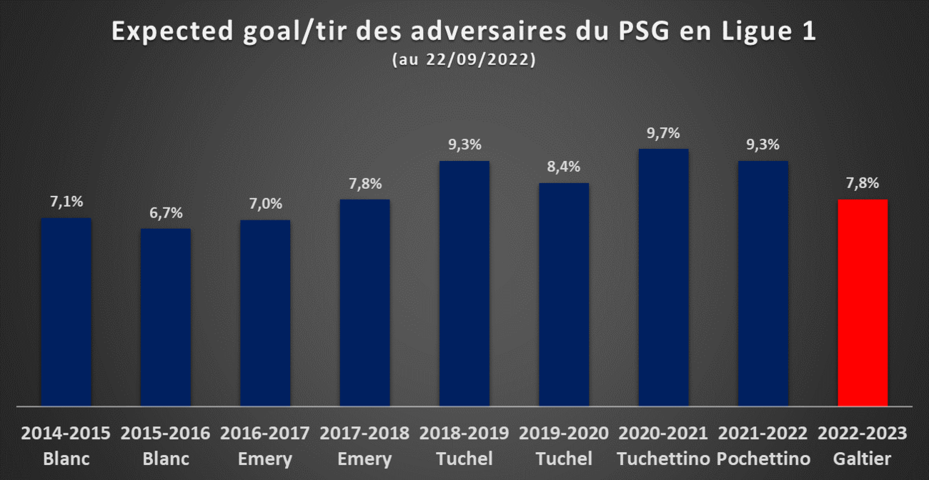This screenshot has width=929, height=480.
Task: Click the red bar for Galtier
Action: (863, 303)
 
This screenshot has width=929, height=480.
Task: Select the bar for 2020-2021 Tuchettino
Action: (664, 278)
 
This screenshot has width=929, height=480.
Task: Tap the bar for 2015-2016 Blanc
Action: (166, 317)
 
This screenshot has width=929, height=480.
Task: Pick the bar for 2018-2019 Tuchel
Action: (464, 283)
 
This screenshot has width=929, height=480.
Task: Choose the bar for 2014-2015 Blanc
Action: (66, 312)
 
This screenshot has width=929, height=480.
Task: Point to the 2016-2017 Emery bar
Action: (265, 313)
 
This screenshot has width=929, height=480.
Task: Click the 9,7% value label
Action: (664, 133)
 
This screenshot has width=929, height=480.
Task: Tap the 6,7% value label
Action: (166, 213)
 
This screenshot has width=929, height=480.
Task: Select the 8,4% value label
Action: (564, 167)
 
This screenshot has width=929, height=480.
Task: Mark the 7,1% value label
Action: (66, 202)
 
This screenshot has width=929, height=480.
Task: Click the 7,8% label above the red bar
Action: (863, 183)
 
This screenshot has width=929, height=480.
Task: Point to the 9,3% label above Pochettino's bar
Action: (763, 145)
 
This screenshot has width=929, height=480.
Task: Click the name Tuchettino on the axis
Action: (664, 459)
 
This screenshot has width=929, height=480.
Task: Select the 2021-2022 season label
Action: (763, 433)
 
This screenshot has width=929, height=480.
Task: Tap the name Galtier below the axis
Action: (863, 459)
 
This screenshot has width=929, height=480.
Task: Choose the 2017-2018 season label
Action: (364, 433)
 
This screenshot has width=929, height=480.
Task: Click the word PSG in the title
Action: (644, 31)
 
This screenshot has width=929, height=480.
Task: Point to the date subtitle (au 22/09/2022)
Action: (464, 59)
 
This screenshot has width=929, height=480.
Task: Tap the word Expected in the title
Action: (173, 32)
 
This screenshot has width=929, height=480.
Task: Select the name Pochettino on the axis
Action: (763, 459)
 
